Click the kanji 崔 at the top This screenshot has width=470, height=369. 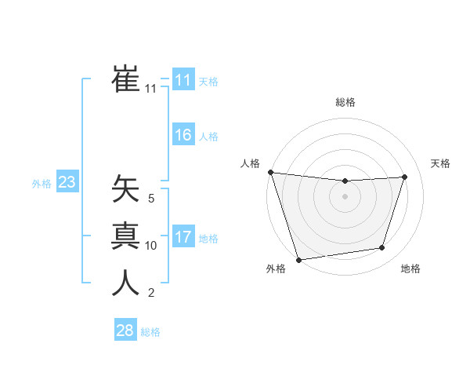tap(125, 81)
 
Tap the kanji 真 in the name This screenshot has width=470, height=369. tap(125, 236)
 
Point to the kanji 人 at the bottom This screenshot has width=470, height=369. tap(125, 283)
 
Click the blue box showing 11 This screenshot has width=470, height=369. tap(183, 80)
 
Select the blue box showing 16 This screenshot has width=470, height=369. tap(183, 135)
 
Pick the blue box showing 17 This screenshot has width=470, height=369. tap(183, 237)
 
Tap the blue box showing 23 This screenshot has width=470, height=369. tap(67, 183)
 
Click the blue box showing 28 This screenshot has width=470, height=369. tap(125, 331)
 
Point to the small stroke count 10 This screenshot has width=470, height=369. tap(151, 246)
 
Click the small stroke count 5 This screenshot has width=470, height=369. tap(151, 199)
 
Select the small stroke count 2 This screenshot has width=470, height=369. tap(151, 293)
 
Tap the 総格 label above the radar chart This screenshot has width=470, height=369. tap(345, 102)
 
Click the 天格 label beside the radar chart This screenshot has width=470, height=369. tap(440, 163)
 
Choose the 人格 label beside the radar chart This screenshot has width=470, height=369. tap(250, 163)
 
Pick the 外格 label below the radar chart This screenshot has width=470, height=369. tap(275, 269)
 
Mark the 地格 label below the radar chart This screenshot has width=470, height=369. tap(410, 269)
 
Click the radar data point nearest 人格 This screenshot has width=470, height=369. tap(270, 172)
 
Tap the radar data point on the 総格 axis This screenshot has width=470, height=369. tap(345, 181)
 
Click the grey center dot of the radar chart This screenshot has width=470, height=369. tap(345, 196)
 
